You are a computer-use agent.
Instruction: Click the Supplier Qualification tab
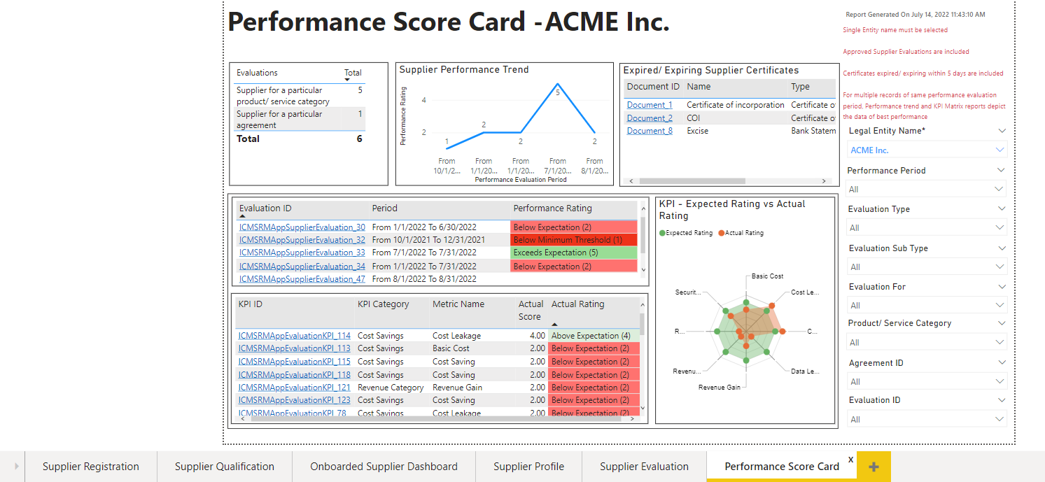[x=224, y=467]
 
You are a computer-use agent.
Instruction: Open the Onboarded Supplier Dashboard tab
[x=384, y=467]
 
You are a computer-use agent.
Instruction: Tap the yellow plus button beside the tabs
[x=874, y=467]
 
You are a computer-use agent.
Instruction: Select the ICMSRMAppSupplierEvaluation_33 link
[x=302, y=253]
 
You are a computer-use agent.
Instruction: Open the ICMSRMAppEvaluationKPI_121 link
[x=294, y=388]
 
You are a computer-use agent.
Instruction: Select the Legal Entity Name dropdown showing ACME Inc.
[x=927, y=150]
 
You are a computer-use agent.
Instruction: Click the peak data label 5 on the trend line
[x=558, y=92]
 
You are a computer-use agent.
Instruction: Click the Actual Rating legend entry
[x=744, y=233]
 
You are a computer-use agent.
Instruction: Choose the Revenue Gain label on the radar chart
[x=719, y=388]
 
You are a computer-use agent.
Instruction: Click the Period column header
[x=385, y=208]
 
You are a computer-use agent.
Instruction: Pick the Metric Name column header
[x=458, y=304]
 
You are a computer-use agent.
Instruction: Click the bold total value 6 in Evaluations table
[x=359, y=139]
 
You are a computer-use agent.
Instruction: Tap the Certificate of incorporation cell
[x=735, y=105]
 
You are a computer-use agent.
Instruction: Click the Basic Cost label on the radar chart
[x=767, y=276]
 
